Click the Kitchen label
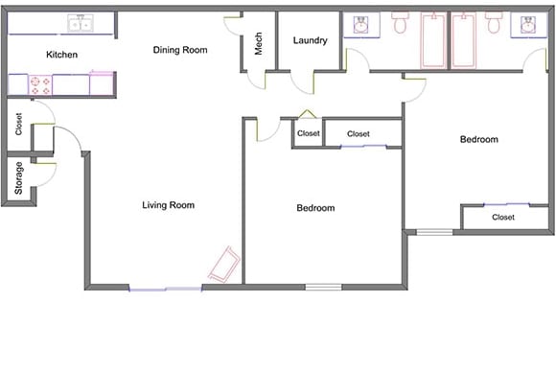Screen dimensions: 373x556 click(61, 55)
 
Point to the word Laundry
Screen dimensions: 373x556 click(310, 41)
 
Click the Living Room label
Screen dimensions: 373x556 click(168, 204)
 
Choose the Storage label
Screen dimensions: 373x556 click(19, 178)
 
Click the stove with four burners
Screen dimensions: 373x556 click(40, 85)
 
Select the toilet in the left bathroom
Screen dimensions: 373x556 click(400, 23)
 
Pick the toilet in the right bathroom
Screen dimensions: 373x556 click(494, 23)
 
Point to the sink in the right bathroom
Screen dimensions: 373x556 click(528, 25)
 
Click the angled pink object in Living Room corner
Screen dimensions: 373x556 click(223, 264)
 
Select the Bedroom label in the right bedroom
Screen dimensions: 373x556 click(478, 140)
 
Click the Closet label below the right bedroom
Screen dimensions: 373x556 click(503, 218)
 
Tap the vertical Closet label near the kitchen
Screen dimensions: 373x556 click(19, 124)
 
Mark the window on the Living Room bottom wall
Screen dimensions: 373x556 click(166, 287)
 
